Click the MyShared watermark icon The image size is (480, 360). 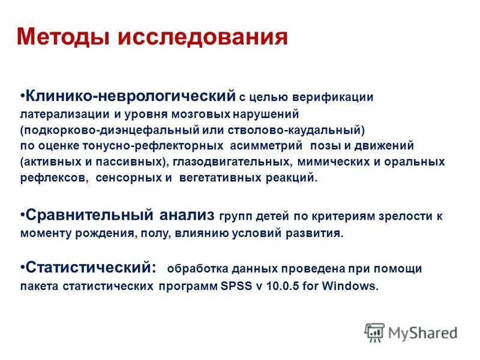[x=374, y=332]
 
